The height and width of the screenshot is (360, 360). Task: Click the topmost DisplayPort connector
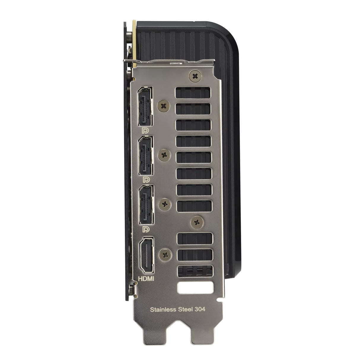tap(145, 106)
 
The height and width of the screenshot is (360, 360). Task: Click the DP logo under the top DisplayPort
tap(146, 130)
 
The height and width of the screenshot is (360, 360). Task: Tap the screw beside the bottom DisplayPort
tap(165, 203)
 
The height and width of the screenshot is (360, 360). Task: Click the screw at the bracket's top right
tap(195, 77)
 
